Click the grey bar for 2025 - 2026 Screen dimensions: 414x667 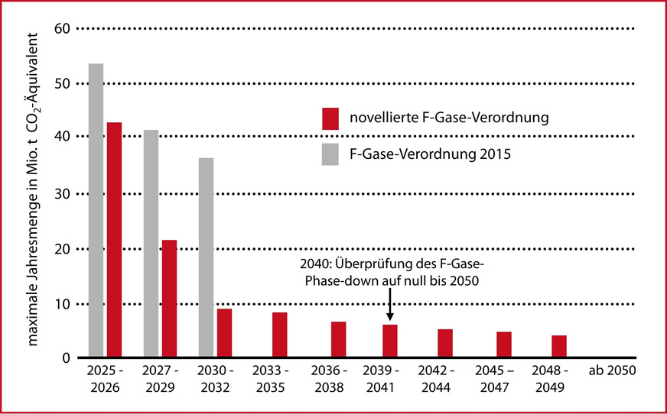point(96,210)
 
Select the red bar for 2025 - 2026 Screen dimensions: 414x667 point(114,240)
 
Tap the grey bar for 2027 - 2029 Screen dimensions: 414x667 point(151,244)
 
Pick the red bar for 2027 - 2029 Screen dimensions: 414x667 point(169,299)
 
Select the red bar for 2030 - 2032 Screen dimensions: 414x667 point(224,333)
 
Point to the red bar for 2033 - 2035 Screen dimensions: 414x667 point(279,335)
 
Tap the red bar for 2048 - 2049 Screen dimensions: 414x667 point(559,346)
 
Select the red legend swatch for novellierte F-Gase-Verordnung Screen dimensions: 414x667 point(330,118)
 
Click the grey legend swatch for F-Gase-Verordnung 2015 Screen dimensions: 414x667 point(330,154)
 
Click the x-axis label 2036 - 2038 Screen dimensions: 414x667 point(339,380)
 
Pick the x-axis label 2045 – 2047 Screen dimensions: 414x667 point(499,380)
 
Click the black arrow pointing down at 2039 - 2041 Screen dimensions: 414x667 point(389,309)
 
